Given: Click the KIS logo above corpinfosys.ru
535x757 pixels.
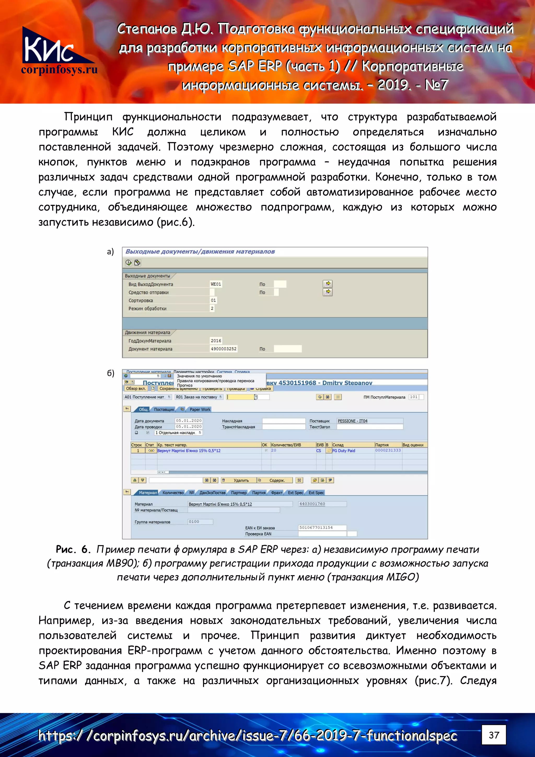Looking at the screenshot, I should pos(49,46).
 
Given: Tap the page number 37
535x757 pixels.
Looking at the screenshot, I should pos(493,735).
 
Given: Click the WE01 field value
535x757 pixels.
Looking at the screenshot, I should pos(216,284).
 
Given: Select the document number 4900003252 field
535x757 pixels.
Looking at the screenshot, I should pos(224,349).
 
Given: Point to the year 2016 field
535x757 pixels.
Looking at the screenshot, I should pos(216,340).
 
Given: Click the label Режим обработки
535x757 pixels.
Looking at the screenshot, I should pos(147,309).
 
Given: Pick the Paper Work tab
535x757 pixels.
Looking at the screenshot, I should pos(200,409).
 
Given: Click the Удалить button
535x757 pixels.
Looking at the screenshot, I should pos(241,480).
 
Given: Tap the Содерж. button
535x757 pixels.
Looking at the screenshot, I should pos(277,480).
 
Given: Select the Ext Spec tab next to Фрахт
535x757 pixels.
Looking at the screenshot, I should pos(295,493).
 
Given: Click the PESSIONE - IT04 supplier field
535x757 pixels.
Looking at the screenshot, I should pos(369,421).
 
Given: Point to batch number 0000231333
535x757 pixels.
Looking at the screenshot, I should pos(388,450).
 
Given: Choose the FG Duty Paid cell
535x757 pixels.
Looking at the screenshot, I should pos(344,451).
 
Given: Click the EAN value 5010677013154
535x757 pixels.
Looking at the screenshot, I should pos(322,528).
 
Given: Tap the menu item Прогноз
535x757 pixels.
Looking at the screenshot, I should pos(185,385).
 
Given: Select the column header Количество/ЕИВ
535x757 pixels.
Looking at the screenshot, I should pos(286,445).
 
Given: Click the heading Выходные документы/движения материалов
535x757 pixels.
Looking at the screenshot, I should pos(200,252).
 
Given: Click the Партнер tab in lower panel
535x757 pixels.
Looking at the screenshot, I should pos(239,493).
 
